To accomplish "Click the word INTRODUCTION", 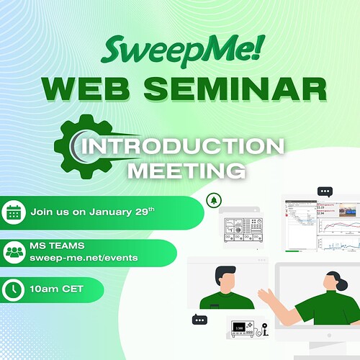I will coord(183,147).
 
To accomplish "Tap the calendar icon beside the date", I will coord(14,213).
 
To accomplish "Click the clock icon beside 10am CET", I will coord(14,289).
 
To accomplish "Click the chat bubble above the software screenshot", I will coord(325,192).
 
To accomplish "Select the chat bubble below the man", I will coord(198,319).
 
